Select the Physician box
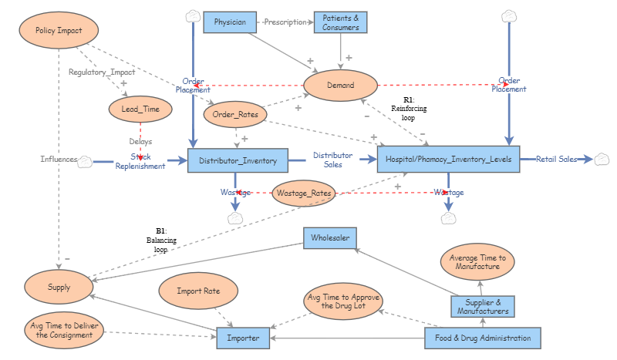230,22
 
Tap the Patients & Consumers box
339,22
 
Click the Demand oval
340,86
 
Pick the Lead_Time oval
140,109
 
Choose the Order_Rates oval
235,114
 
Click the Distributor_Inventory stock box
238,160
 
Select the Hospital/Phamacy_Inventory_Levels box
449,160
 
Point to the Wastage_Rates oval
303,193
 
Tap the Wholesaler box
329,238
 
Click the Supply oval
58,287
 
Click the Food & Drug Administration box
483,338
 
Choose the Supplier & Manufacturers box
482,307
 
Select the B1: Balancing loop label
161,240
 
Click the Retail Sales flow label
557,160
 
